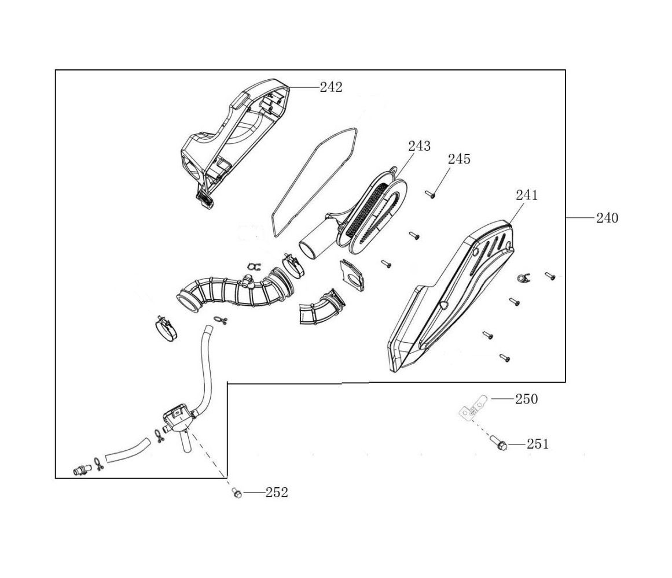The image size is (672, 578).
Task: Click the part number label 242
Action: tap(331, 87)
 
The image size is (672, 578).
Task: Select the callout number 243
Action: tap(419, 146)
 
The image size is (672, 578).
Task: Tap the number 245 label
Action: tap(459, 159)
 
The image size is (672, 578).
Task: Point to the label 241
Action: tap(527, 195)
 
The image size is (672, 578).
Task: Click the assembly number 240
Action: tap(607, 218)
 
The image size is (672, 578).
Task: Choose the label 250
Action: tap(526, 399)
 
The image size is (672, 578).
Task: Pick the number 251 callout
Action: tap(538, 444)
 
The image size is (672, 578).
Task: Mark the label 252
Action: tap(277, 492)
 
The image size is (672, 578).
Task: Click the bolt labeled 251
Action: tap(501, 444)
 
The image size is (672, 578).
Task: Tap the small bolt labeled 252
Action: tap(236, 492)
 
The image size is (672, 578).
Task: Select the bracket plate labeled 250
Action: tap(472, 408)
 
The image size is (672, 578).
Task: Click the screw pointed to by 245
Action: tap(429, 195)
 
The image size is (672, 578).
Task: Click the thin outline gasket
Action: tap(313, 182)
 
